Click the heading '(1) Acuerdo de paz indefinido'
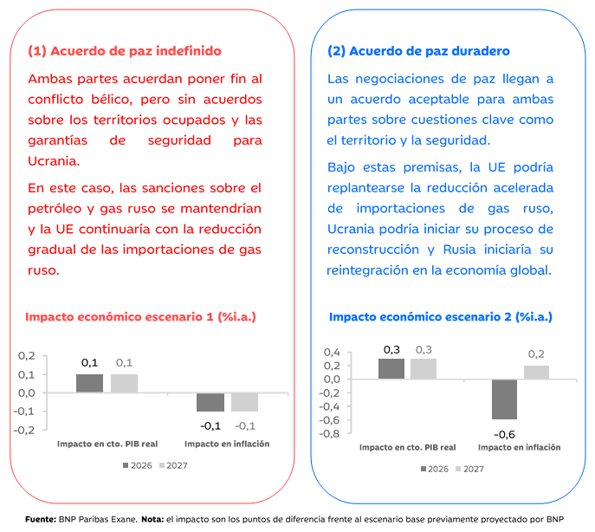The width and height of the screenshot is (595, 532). point(125,51)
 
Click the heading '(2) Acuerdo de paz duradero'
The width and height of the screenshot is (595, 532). point(418,51)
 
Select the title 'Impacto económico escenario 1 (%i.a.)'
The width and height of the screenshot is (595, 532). point(140,317)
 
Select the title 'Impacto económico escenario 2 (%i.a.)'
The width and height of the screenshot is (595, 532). point(440,317)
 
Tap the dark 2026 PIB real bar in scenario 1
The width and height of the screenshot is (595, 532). point(89,383)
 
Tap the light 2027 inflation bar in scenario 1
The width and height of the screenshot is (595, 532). point(245,402)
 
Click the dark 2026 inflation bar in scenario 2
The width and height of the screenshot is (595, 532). point(504,399)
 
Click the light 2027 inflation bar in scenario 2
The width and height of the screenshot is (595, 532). point(536,373)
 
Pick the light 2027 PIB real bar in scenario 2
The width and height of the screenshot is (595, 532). point(424,369)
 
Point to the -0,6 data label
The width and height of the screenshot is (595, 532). point(505,433)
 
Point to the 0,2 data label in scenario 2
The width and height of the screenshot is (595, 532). point(536,354)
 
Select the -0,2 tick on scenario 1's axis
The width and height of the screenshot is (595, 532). point(25,430)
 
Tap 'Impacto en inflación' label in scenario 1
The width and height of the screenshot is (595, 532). point(227,444)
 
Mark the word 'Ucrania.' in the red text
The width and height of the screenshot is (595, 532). point(54,160)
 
